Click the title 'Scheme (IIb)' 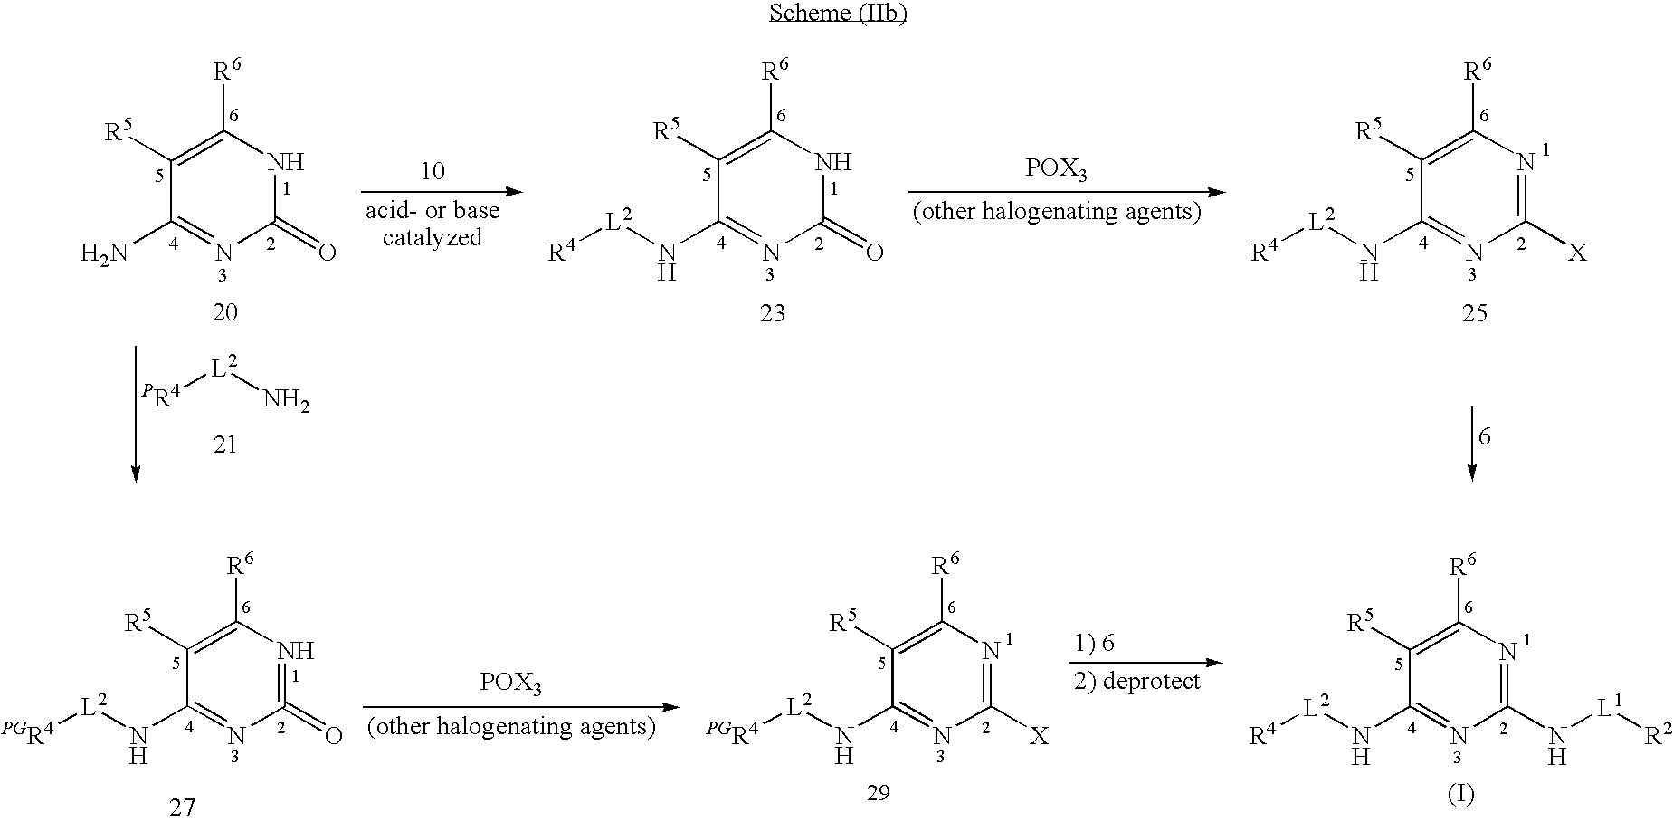click(837, 14)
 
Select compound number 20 click(224, 312)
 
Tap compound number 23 click(772, 312)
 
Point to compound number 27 click(182, 807)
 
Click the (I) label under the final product click(1460, 794)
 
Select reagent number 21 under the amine click(224, 444)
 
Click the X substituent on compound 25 click(1576, 253)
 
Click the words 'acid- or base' click(433, 212)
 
